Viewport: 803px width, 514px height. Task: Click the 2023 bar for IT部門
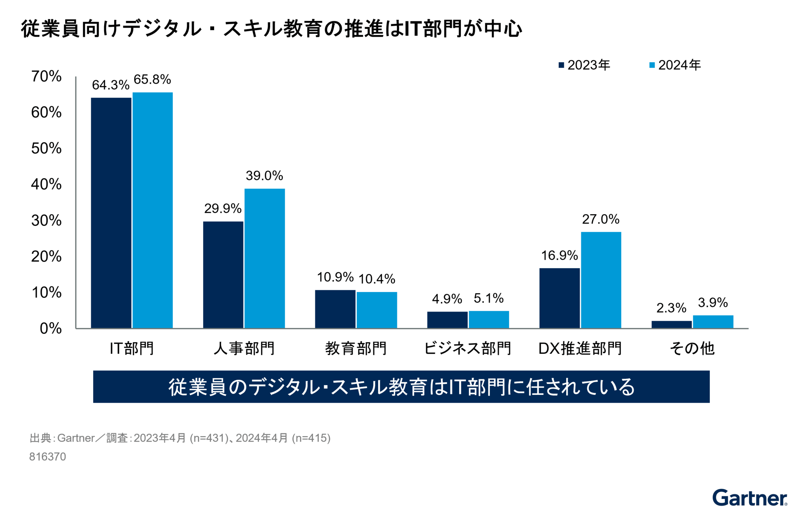pos(111,213)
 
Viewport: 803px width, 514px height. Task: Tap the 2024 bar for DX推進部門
pos(601,280)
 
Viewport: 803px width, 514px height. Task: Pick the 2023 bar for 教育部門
pos(335,309)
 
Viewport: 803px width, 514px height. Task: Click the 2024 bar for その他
pos(713,322)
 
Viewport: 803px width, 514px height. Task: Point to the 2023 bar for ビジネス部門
pos(447,320)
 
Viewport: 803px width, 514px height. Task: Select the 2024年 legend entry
pos(675,65)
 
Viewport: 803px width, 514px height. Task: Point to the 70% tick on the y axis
pos(46,77)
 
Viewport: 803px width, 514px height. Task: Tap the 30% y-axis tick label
pos(46,220)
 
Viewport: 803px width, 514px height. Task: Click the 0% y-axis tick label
pos(51,329)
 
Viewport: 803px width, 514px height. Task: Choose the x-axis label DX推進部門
pos(580,348)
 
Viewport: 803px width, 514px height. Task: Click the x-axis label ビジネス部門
pos(468,348)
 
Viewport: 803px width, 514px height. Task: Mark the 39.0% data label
pos(264,176)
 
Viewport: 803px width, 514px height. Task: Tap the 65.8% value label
pos(152,79)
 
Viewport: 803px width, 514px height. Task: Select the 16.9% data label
pos(559,256)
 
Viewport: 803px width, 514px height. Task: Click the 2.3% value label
pos(671,308)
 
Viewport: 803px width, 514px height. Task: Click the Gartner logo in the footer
pos(749,498)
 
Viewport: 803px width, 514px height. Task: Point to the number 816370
pos(48,457)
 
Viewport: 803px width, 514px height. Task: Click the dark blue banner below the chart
pos(401,387)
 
